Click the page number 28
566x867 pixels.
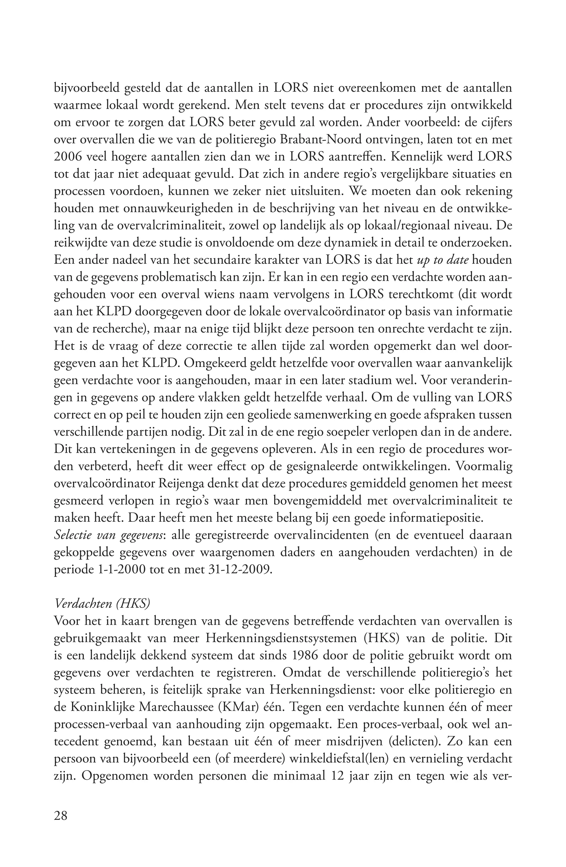(61, 816)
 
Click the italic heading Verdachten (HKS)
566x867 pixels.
(102, 604)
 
